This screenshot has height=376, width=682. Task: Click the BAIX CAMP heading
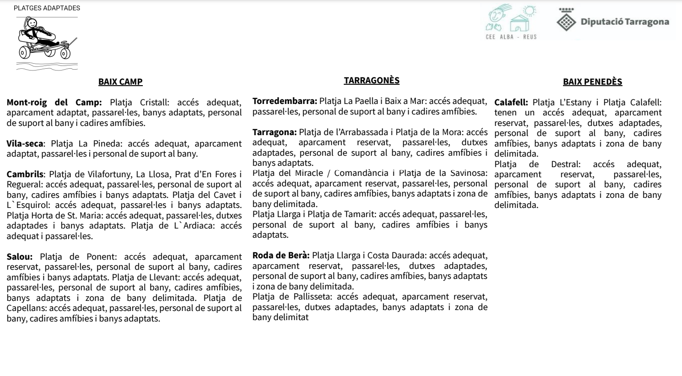(x=120, y=82)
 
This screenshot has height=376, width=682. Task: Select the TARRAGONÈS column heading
(x=371, y=81)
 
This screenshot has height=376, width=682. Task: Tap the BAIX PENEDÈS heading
(x=592, y=82)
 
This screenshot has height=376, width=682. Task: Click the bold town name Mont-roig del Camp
(x=54, y=103)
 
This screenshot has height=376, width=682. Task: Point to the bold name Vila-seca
(x=24, y=144)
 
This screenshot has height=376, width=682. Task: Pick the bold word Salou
(x=19, y=257)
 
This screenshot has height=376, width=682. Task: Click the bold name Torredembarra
(x=284, y=101)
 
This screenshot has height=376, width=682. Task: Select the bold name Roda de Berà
(x=281, y=256)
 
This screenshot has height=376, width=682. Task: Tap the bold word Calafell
(x=511, y=103)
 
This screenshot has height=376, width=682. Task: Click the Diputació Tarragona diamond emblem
(x=566, y=22)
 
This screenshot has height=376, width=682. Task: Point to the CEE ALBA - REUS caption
(x=511, y=37)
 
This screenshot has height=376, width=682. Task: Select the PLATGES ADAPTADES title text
(x=47, y=8)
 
